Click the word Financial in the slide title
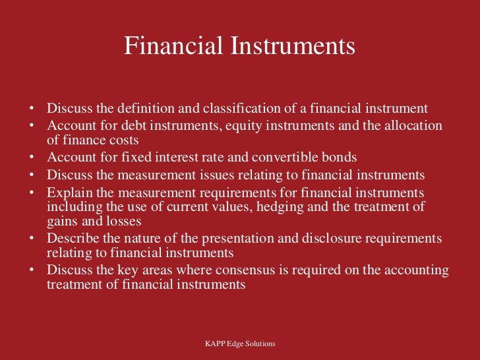173,47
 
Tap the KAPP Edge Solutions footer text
240,344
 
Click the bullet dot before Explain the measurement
32,193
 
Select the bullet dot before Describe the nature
32,238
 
